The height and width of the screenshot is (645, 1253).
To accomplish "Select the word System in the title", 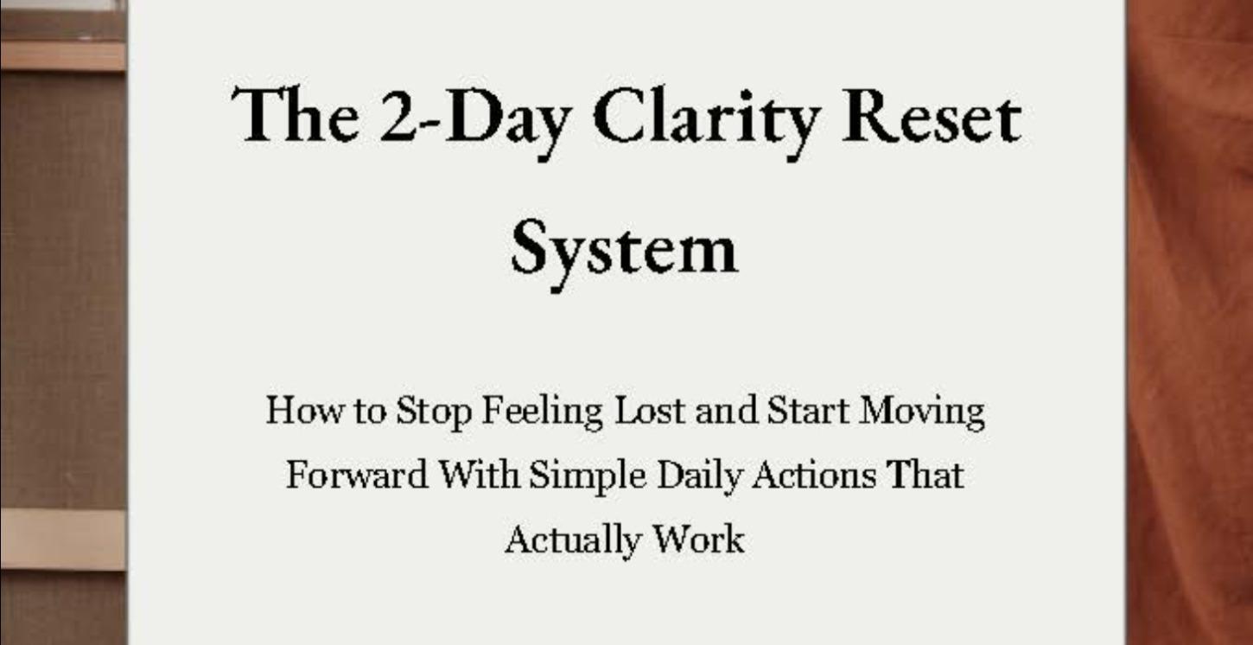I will click(624, 248).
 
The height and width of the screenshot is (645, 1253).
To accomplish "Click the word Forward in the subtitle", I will click(357, 475).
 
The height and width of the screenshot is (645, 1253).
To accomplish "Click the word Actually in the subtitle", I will click(572, 540).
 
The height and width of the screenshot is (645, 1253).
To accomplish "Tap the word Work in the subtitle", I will click(698, 540).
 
